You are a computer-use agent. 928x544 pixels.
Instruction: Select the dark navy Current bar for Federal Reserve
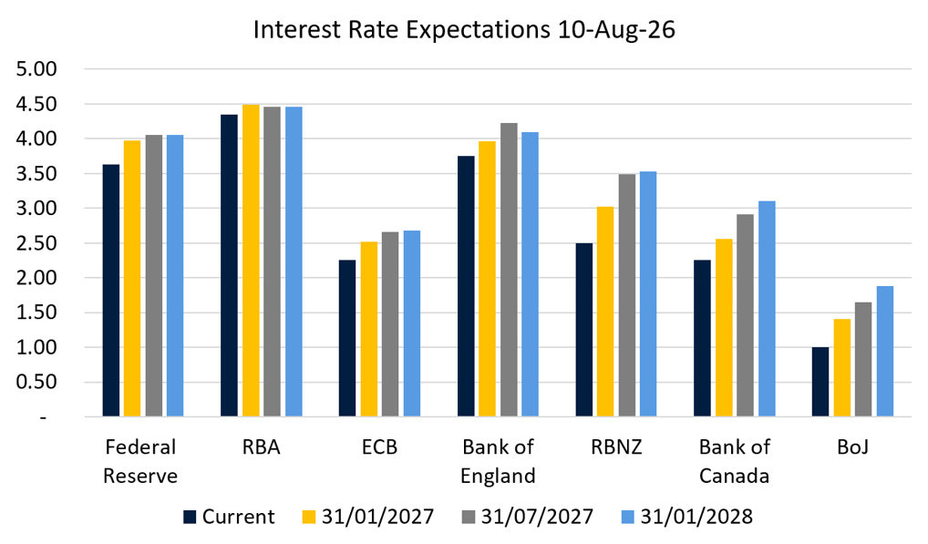tap(110, 291)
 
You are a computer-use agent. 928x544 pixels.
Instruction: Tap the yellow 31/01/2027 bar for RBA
tap(251, 261)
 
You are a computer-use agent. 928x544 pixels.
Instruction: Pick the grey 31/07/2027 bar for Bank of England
tap(509, 270)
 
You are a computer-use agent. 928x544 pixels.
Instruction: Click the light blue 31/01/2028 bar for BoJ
tap(885, 351)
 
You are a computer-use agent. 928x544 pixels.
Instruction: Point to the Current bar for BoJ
tap(820, 382)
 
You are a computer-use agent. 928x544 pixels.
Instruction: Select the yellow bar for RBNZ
tap(605, 312)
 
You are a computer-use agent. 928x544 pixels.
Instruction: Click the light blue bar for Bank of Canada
tap(767, 309)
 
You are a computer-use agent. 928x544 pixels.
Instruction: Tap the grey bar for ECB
tap(390, 324)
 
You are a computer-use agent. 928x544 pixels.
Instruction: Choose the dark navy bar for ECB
tap(347, 338)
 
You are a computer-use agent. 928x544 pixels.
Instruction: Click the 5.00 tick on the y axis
tap(36, 69)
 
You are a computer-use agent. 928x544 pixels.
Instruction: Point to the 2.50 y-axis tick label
tap(36, 243)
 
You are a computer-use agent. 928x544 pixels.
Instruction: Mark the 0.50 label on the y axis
tap(36, 382)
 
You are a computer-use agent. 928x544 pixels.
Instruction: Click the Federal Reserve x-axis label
tap(140, 461)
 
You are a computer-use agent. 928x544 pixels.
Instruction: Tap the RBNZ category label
tap(616, 447)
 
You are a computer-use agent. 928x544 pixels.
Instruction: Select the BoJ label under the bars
tap(853, 447)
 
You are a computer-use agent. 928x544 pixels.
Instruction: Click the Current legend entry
tap(229, 517)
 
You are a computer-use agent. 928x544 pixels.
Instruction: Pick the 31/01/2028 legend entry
tap(687, 517)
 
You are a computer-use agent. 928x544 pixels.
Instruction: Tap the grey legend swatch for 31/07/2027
tap(469, 518)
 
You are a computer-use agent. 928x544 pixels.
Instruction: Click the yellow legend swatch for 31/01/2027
tap(309, 518)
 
